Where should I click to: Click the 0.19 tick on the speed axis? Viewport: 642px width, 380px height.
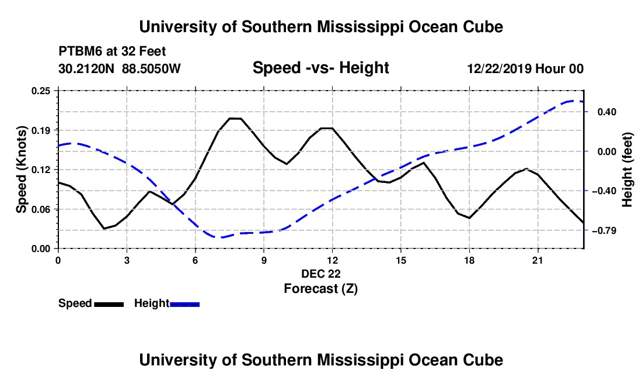click(40, 130)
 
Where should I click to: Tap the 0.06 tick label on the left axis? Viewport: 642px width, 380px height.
click(40, 209)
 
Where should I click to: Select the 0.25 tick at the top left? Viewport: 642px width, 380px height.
click(40, 91)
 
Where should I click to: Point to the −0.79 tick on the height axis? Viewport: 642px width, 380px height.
click(604, 231)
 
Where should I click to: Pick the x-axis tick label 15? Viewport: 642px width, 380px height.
click(401, 260)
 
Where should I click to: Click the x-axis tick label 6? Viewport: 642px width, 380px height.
click(196, 260)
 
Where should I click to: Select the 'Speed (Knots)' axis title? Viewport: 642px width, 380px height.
click(21, 170)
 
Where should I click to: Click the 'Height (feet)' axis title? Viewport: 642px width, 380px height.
click(627, 170)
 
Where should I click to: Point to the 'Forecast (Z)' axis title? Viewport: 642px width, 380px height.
click(320, 289)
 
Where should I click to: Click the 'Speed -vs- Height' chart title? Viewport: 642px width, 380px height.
click(320, 68)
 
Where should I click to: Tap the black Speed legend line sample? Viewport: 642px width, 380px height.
click(109, 305)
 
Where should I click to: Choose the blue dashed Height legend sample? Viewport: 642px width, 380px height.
click(184, 305)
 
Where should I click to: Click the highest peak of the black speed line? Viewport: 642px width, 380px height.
click(235, 119)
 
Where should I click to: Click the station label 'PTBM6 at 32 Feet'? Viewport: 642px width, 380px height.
click(112, 51)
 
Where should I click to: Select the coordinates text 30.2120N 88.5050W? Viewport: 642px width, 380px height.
click(120, 68)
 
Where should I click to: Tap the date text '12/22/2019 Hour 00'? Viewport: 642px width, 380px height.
click(525, 68)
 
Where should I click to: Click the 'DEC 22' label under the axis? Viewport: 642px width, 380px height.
click(321, 274)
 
